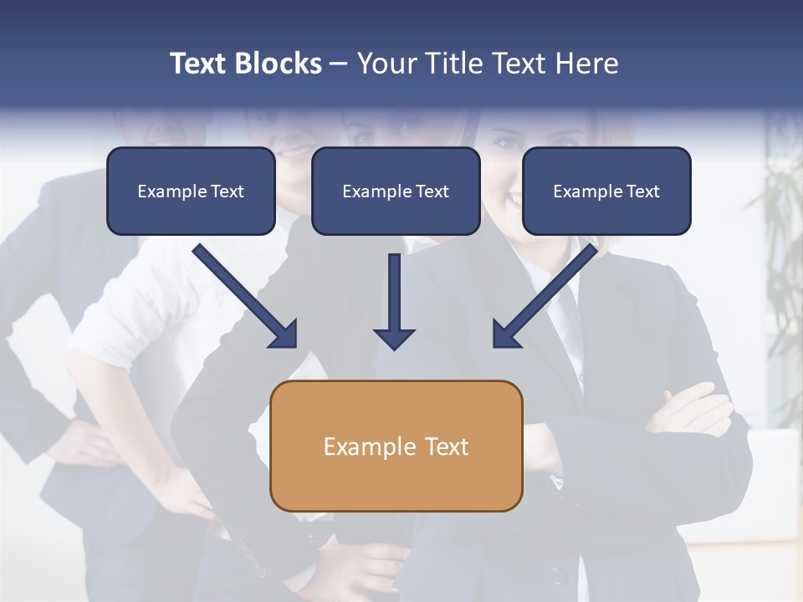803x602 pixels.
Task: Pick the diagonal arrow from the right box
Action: (x=545, y=296)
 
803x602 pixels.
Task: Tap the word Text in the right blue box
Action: (x=642, y=191)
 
